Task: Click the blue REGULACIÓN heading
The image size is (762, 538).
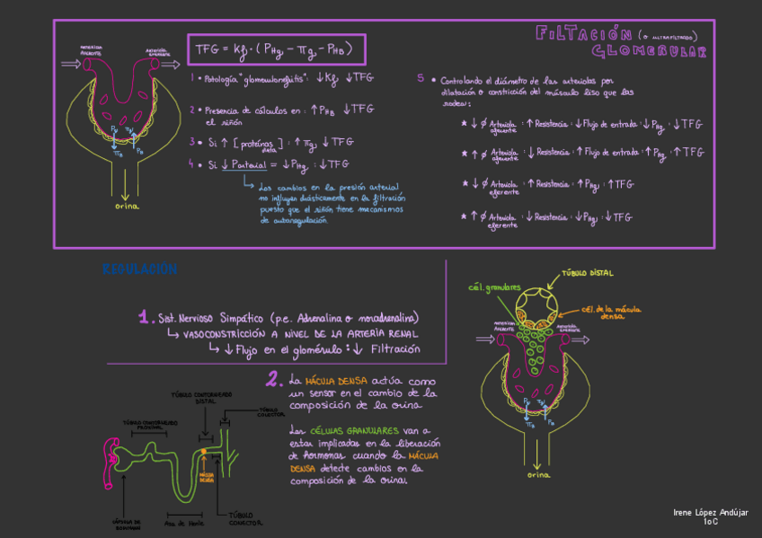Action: click(139, 269)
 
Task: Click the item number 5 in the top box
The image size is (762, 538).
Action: click(421, 78)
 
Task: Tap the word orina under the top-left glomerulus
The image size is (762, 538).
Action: click(127, 206)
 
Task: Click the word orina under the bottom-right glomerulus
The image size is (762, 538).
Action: click(538, 473)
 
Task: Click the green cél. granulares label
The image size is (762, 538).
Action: click(494, 287)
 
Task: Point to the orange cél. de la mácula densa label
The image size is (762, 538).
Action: click(613, 312)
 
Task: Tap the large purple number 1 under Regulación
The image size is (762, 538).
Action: click(144, 317)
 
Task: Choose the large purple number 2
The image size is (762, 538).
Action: click(273, 380)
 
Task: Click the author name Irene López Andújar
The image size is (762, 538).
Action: click(710, 511)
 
